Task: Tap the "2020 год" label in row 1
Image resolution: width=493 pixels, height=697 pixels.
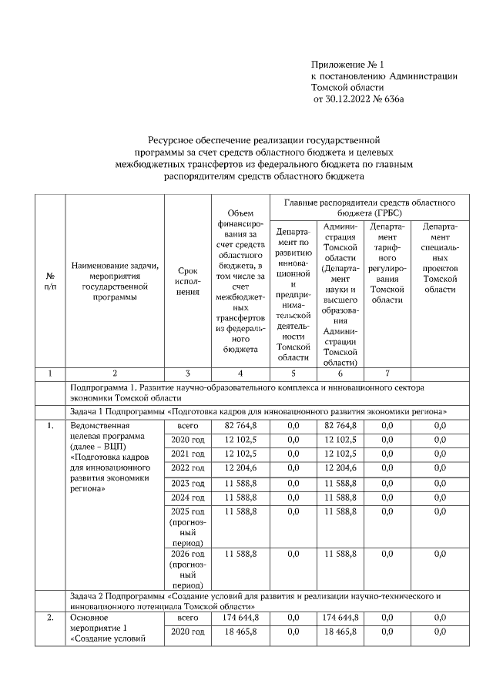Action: (x=188, y=440)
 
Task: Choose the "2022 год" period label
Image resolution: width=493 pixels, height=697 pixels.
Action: (x=188, y=468)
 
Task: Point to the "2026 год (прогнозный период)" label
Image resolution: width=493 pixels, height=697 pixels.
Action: (x=188, y=568)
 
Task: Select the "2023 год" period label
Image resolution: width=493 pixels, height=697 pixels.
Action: (x=188, y=483)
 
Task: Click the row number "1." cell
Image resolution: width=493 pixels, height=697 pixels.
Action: (x=50, y=425)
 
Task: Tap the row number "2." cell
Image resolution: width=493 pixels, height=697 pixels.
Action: (x=50, y=618)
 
